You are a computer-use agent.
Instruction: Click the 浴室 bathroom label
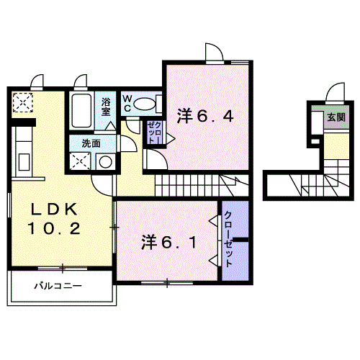[x=106, y=106]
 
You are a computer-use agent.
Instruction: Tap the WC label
[x=127, y=104]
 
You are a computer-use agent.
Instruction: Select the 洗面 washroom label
[x=91, y=143]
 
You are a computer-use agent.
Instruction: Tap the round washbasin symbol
[x=105, y=161]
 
